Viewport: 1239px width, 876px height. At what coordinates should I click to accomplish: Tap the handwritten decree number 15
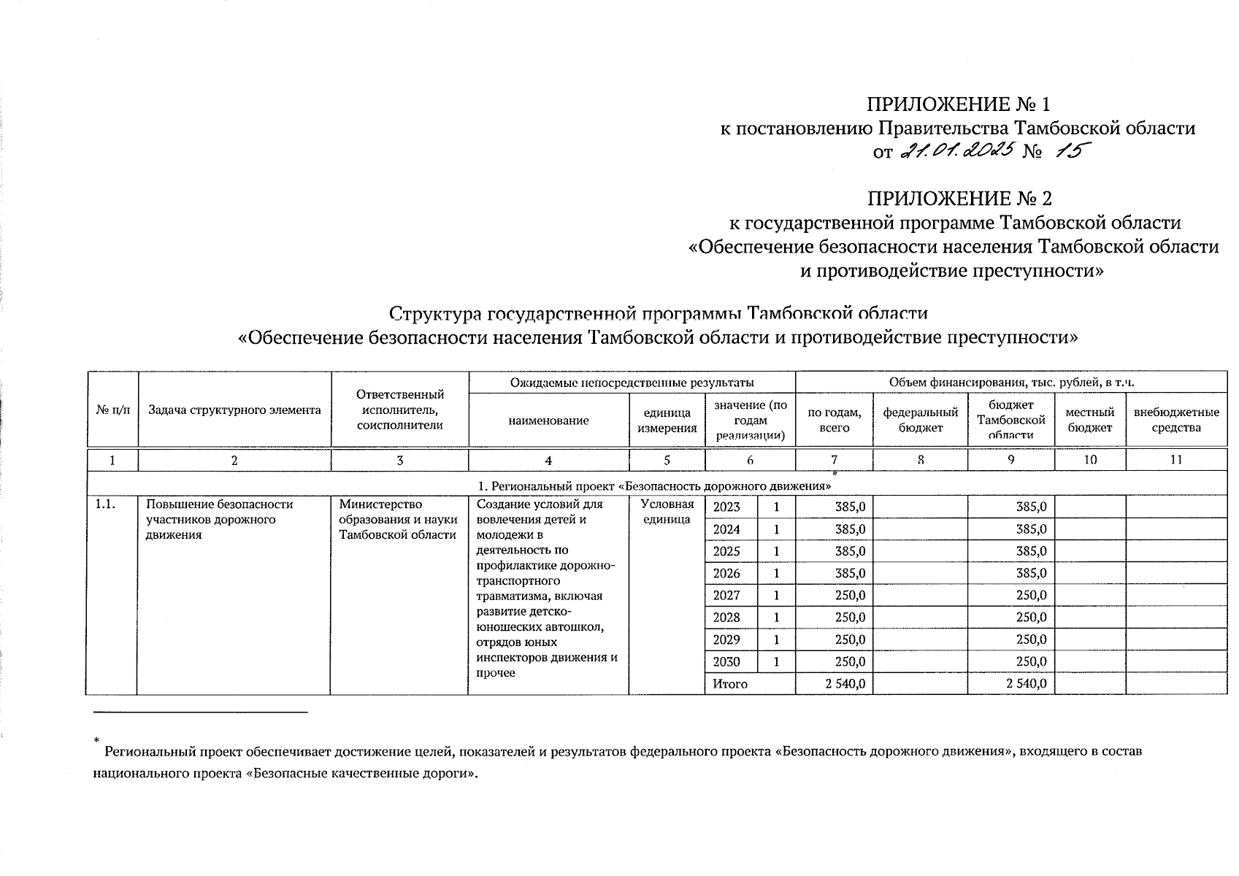(1069, 152)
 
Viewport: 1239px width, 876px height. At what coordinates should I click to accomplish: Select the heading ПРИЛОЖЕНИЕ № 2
(959, 199)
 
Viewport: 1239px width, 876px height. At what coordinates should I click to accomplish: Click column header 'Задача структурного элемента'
(234, 410)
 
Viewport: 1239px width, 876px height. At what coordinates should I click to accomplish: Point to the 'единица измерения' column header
(667, 420)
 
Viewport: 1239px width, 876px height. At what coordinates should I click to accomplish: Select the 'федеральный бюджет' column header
(920, 420)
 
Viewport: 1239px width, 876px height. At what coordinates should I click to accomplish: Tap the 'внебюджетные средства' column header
(1175, 420)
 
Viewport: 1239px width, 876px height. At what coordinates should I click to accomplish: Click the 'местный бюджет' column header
(1089, 420)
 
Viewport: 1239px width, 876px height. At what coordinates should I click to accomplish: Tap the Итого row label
(730, 684)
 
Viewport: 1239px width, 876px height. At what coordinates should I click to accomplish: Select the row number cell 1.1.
(106, 504)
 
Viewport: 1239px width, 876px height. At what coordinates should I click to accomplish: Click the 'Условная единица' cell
(667, 512)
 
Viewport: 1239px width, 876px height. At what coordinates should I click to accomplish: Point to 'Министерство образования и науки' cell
(399, 520)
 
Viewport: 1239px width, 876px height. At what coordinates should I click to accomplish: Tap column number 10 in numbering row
(1089, 460)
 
